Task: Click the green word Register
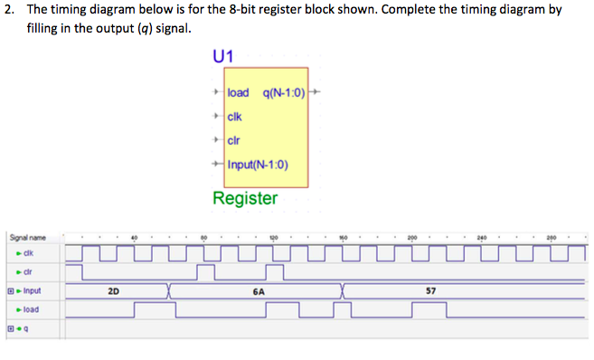pos(245,197)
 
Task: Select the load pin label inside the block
pos(239,92)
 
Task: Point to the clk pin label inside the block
pos(235,116)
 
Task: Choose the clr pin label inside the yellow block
pos(234,140)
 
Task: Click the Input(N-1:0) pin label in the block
pos(259,164)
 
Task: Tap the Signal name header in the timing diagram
pos(27,237)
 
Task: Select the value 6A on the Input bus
pos(259,291)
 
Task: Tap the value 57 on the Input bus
pos(431,291)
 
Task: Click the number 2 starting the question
pos(7,9)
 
